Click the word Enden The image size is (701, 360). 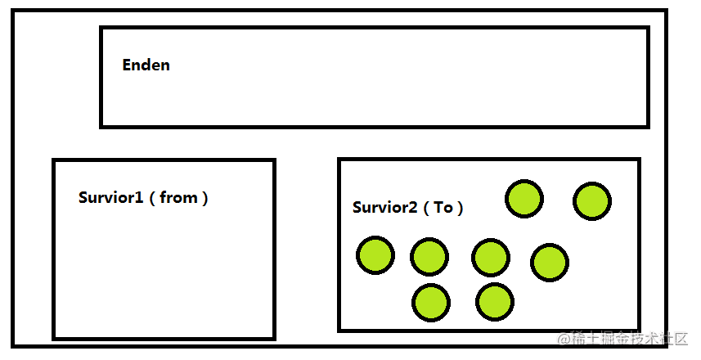click(146, 65)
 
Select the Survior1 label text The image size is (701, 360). click(111, 197)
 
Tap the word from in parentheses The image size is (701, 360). click(179, 197)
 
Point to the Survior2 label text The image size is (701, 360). click(385, 207)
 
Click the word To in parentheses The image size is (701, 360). click(443, 207)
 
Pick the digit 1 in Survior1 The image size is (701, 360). click(139, 197)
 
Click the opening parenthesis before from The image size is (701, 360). click(152, 198)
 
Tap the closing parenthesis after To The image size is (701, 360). click(460, 208)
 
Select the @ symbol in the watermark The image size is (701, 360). click(564, 339)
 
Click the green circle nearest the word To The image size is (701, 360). click(524, 199)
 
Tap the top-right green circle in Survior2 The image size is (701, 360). click(592, 200)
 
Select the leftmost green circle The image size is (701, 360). click(375, 255)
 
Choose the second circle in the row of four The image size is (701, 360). click(429, 257)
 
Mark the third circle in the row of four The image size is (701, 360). click(491, 258)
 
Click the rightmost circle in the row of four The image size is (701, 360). click(550, 262)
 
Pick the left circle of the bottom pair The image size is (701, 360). click(431, 302)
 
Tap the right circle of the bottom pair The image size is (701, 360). click(495, 302)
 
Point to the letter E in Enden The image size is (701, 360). click(127, 65)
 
